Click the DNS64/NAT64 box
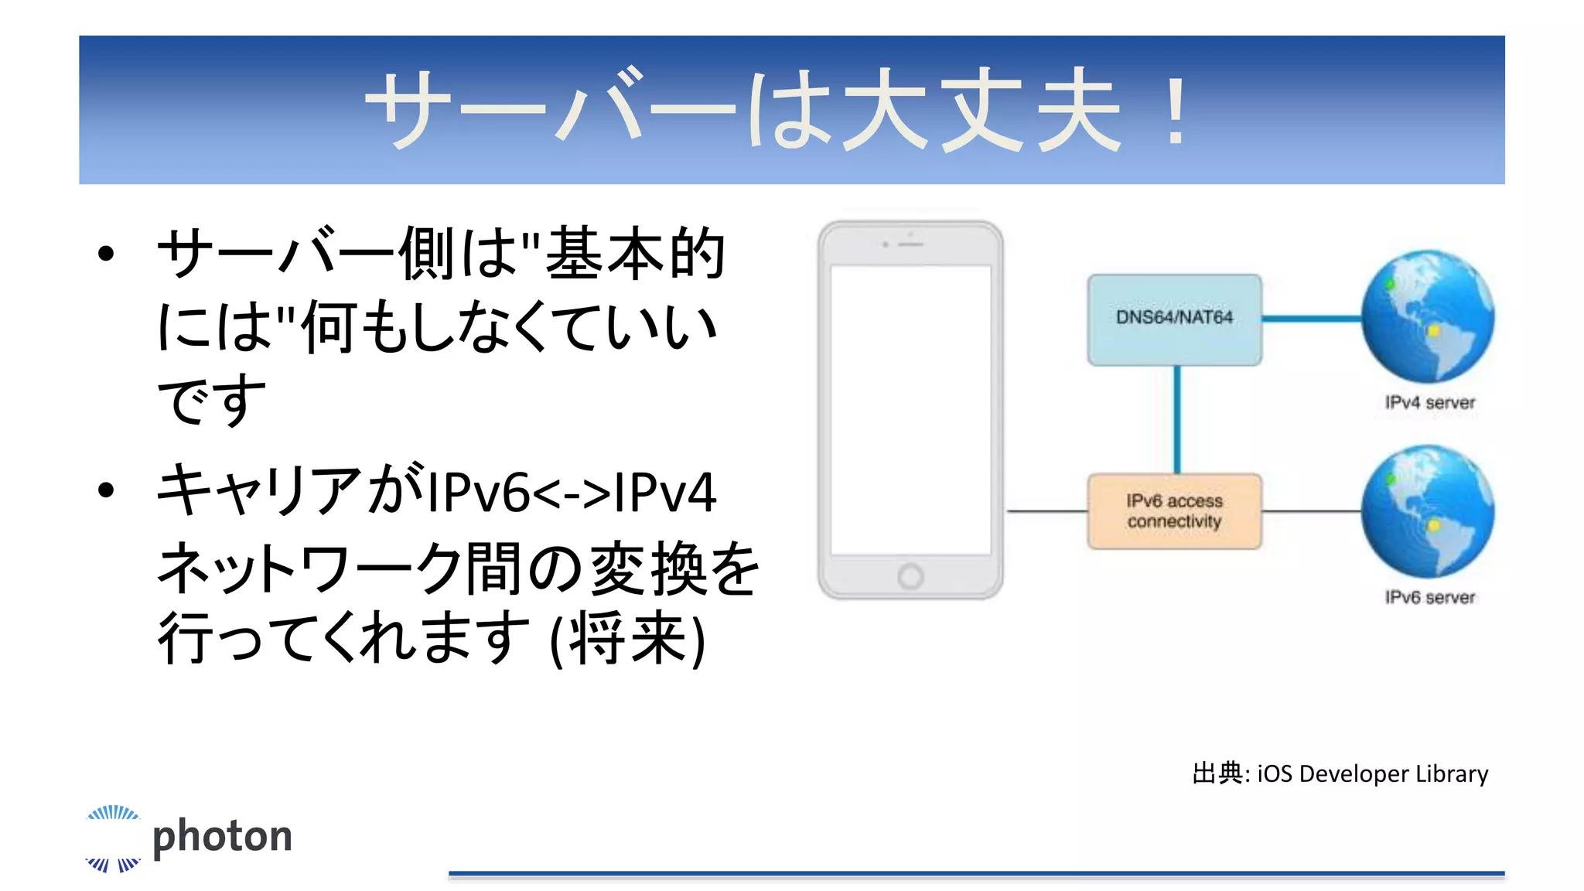[1174, 319]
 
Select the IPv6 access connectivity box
[1174, 511]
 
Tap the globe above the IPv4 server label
[1428, 316]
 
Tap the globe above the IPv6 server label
[1428, 511]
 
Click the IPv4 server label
[1429, 402]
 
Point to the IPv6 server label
[1429, 597]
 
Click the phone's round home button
[910, 576]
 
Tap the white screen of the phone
[910, 410]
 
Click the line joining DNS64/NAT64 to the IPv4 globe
[1311, 318]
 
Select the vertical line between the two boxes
[1176, 419]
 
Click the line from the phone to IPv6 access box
[1046, 511]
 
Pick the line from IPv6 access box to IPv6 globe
[1311, 511]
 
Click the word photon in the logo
[222, 837]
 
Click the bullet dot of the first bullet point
[106, 254]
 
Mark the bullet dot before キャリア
[106, 490]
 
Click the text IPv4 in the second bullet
[665, 493]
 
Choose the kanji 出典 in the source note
[1217, 773]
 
